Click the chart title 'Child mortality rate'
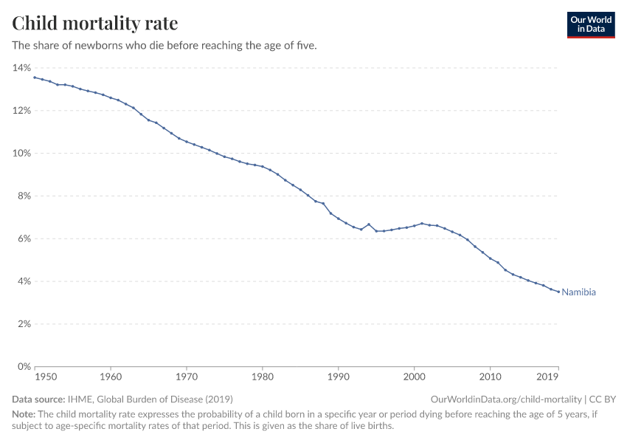pyautogui.click(x=94, y=24)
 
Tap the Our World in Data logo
pyautogui.click(x=590, y=24)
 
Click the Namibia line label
pyautogui.click(x=578, y=292)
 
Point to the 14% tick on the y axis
pyautogui.click(x=21, y=68)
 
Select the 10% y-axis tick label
pyautogui.click(x=21, y=154)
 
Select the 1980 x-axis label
pyautogui.click(x=262, y=378)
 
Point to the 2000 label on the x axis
pyautogui.click(x=414, y=378)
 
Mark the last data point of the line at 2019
pyautogui.click(x=558, y=292)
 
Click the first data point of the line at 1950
pyautogui.click(x=35, y=78)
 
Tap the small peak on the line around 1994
pyautogui.click(x=369, y=224)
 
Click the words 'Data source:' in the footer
pyautogui.click(x=39, y=399)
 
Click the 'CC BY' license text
pyautogui.click(x=603, y=399)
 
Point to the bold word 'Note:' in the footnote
pyautogui.click(x=24, y=414)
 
